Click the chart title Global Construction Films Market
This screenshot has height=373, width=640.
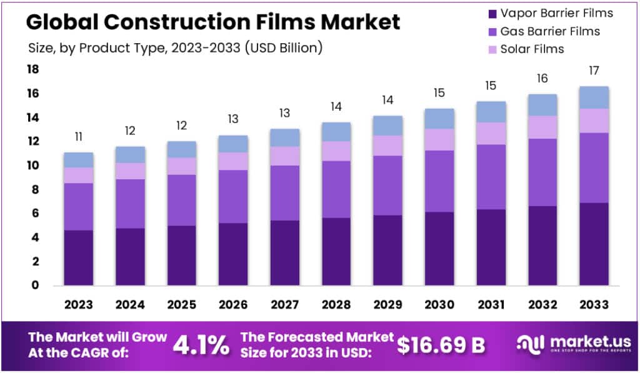point(212,22)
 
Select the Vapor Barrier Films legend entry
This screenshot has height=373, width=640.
point(550,12)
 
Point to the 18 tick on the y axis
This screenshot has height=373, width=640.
point(32,69)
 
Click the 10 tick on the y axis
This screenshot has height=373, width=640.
point(32,166)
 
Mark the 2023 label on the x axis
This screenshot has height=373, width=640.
point(78,304)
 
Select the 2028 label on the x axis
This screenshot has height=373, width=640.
point(336,304)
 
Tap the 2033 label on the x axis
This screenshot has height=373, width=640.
point(593,304)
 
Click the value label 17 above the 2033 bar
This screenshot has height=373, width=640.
point(593,72)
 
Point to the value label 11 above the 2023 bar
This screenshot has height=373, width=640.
point(78,137)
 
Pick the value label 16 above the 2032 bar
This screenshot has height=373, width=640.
point(542,79)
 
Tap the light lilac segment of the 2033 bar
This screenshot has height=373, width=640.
point(593,121)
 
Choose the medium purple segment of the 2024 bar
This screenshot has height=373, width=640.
point(130,204)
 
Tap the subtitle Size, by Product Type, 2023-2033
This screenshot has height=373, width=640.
point(176,48)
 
